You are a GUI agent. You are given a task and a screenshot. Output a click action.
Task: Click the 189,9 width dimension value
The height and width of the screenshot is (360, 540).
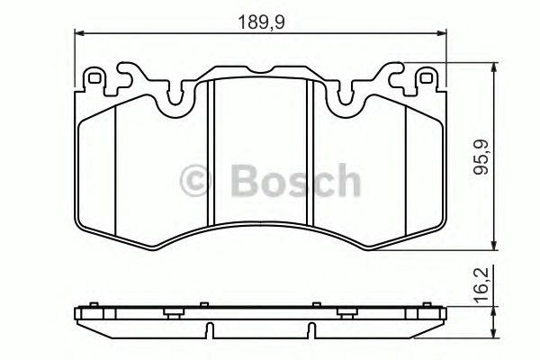pos(261,22)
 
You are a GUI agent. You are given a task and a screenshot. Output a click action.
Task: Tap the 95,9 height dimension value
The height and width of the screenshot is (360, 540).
pos(481,157)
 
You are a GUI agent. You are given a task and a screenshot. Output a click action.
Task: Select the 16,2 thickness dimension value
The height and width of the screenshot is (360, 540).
pos(481,285)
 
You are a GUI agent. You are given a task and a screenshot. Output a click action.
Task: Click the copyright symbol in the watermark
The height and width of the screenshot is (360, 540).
pos(195,180)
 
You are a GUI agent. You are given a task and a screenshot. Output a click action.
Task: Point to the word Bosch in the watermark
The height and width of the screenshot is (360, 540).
pos(295,180)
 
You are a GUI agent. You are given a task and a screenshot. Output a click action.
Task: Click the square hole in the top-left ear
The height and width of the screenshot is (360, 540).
pos(94,78)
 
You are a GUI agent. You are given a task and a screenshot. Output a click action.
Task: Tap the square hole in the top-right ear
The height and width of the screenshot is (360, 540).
pos(427,78)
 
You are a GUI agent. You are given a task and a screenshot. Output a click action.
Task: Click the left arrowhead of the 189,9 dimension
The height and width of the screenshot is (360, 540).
pos(79,33)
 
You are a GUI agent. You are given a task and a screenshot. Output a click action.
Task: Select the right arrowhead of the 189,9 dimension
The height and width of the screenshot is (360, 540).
pos(442,33)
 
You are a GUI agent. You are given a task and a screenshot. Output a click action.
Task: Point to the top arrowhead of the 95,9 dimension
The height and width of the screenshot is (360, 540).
pos(494,67)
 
